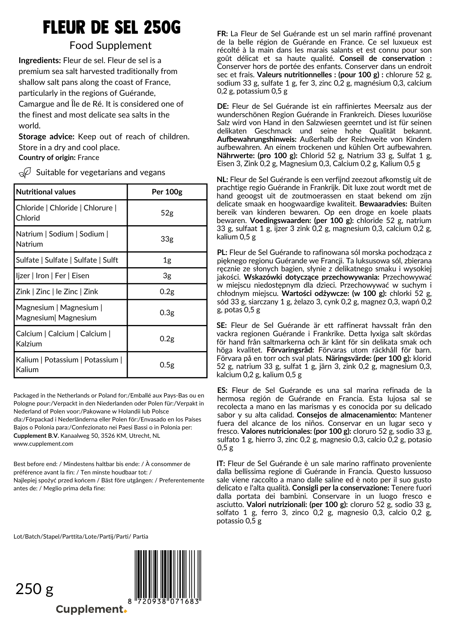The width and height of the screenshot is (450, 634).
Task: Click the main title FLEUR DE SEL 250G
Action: tap(112, 28)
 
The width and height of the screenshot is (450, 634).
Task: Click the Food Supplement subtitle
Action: tap(110, 46)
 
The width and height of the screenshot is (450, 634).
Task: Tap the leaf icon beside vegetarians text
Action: tap(25, 173)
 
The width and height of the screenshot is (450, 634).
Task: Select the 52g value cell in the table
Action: tap(167, 213)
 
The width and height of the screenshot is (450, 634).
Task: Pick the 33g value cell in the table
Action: tap(167, 239)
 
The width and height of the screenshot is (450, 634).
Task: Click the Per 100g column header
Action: tap(167, 192)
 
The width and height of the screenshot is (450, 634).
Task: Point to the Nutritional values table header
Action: tap(46, 192)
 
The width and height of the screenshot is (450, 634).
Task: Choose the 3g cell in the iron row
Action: tap(167, 276)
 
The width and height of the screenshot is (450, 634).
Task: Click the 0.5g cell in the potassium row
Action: tap(167, 365)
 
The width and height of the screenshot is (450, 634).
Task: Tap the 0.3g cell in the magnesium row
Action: tap(167, 313)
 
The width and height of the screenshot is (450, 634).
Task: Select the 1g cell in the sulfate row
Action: tap(167, 260)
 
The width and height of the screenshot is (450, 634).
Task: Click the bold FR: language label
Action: tap(222, 34)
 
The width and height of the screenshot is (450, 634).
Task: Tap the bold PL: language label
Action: tap(222, 252)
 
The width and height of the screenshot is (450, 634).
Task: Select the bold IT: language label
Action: tap(221, 464)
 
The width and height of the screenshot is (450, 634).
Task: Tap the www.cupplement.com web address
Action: tap(43, 444)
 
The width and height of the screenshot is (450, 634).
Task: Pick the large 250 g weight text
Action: tap(34, 589)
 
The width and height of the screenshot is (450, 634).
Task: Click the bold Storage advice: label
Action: tap(46, 137)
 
